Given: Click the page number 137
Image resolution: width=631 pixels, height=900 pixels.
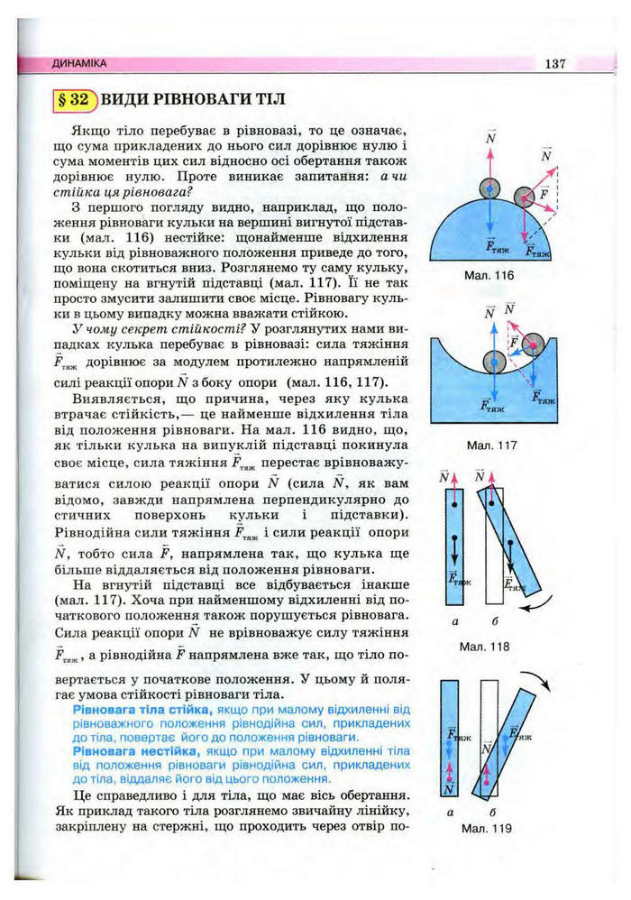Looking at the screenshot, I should (554, 64).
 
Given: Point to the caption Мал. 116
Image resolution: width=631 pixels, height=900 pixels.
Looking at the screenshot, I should (490, 275).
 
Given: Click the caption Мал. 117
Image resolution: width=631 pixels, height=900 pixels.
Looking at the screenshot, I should (490, 445).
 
